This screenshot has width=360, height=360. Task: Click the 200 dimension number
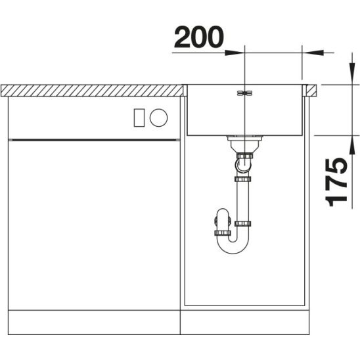(x=199, y=37)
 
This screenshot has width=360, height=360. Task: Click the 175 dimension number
(x=336, y=182)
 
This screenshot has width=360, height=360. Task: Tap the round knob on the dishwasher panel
(x=158, y=118)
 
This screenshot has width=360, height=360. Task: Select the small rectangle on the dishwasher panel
(x=139, y=118)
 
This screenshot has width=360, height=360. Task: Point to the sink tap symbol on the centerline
(x=245, y=93)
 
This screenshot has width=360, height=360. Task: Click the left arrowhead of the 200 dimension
(x=234, y=53)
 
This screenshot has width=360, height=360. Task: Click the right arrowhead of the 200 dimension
(x=313, y=53)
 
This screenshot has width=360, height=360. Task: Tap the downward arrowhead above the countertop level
(x=351, y=74)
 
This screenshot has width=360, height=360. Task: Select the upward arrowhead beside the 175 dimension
(x=351, y=146)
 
